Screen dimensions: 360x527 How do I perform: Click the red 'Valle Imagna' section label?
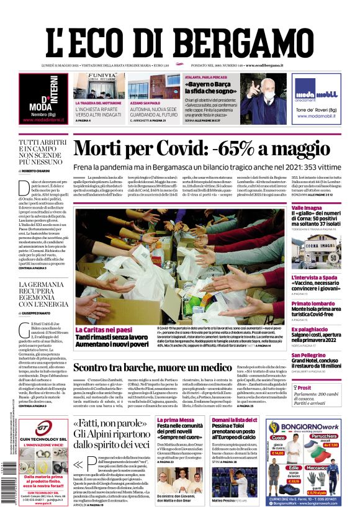[x=307, y=207]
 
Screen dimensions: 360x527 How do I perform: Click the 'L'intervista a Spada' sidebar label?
[x=315, y=278]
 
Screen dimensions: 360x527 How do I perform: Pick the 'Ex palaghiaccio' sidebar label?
[x=310, y=328]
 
